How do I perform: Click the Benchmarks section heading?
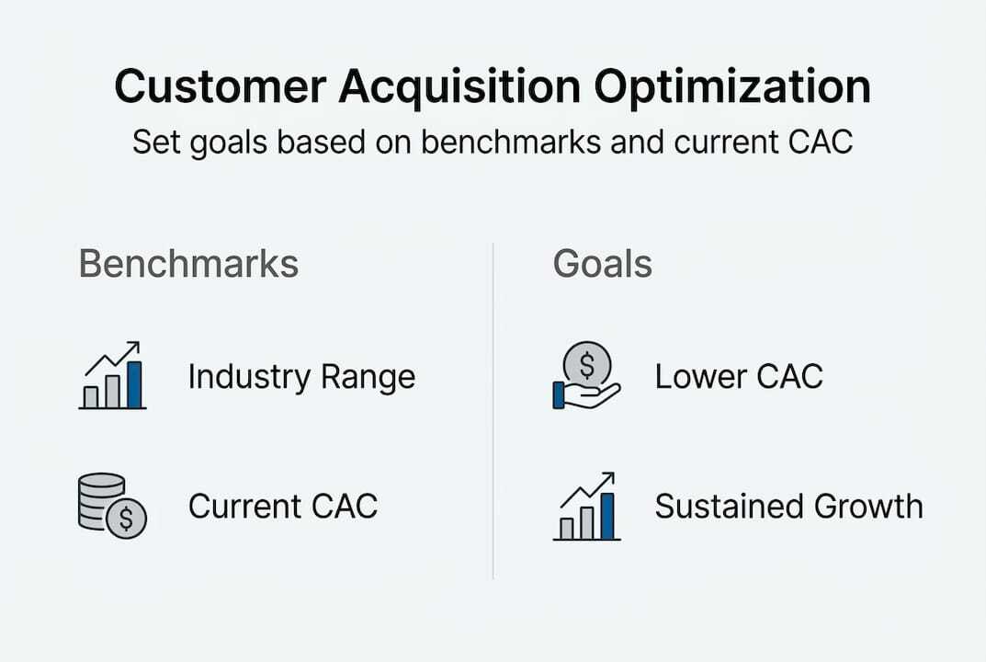188,264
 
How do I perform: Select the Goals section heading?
602,264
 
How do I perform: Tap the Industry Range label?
301,377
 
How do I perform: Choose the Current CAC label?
283,507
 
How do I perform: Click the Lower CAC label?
739,377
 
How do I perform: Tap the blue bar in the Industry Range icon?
134,385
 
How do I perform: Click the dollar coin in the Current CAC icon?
126,519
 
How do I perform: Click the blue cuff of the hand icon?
558,394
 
